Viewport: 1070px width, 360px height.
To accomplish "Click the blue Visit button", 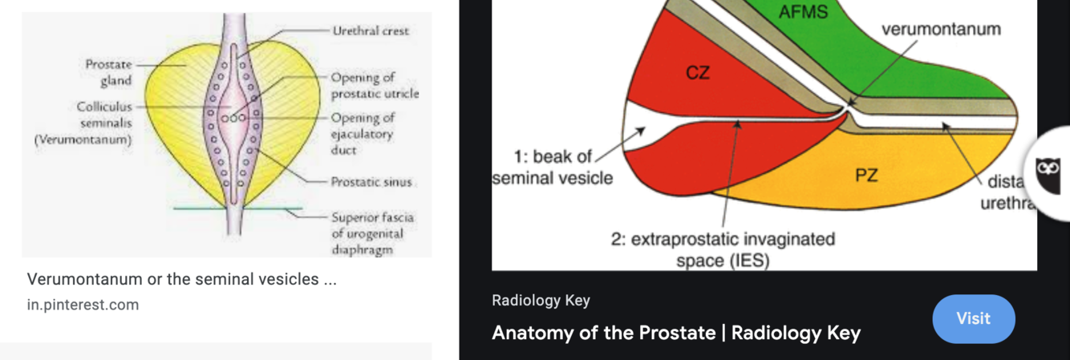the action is (x=973, y=318).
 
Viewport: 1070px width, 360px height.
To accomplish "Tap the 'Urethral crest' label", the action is (x=371, y=30).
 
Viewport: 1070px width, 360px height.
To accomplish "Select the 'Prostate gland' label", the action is (x=109, y=72).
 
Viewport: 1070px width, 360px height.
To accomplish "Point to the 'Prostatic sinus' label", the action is (x=371, y=182).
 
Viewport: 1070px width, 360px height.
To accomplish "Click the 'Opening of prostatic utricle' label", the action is (x=375, y=86).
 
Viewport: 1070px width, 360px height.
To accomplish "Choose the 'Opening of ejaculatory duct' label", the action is (x=363, y=134).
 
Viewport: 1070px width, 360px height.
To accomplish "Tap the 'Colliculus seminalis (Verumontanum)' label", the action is (x=83, y=123).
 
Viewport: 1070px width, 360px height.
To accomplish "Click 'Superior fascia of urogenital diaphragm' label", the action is (x=373, y=233).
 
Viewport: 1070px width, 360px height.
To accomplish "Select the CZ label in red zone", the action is (x=697, y=73).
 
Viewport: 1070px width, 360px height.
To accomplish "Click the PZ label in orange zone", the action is (x=866, y=175).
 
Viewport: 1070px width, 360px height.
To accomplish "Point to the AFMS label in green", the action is (x=803, y=13).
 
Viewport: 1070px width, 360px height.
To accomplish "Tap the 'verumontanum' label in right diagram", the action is (x=941, y=30).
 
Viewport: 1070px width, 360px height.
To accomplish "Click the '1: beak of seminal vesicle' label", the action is (x=552, y=167).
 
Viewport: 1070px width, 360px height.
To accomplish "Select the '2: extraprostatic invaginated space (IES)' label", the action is (x=723, y=249).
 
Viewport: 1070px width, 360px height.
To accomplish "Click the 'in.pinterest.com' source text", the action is (x=83, y=305).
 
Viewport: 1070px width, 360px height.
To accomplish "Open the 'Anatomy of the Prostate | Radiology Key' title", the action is (x=676, y=333).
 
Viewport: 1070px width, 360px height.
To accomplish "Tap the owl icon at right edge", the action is (x=1048, y=171).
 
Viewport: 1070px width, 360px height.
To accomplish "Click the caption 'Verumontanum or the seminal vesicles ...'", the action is (x=181, y=279).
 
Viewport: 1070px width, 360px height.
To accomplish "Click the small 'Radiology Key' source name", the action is (x=541, y=301).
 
